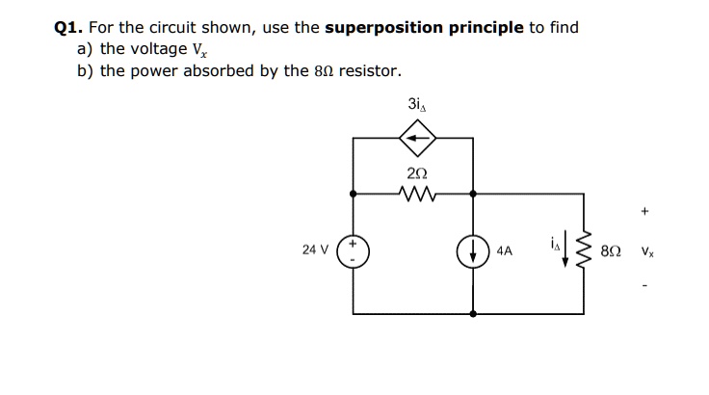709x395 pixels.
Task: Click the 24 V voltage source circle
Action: [353, 250]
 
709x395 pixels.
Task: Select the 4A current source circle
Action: [472, 250]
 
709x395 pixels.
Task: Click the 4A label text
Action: [506, 250]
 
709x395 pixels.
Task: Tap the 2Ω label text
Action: [415, 173]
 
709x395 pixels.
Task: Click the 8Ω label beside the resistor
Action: [610, 250]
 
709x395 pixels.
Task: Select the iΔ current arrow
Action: [565, 255]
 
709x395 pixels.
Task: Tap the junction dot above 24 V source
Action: [353, 194]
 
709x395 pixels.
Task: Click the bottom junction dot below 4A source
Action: [472, 314]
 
